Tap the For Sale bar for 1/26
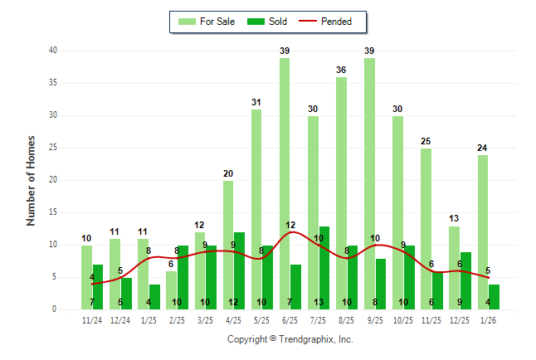point(482,232)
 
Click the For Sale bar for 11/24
point(86,277)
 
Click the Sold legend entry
point(267,22)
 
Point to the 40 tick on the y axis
point(53,51)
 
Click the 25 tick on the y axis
point(53,148)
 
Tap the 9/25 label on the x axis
point(374,319)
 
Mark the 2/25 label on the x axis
point(177,319)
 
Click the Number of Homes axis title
point(32,180)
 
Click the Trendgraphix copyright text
point(290,339)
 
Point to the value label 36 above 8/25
point(341,71)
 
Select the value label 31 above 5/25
point(256,103)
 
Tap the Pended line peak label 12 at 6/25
point(290,226)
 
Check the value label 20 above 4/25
point(228,174)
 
